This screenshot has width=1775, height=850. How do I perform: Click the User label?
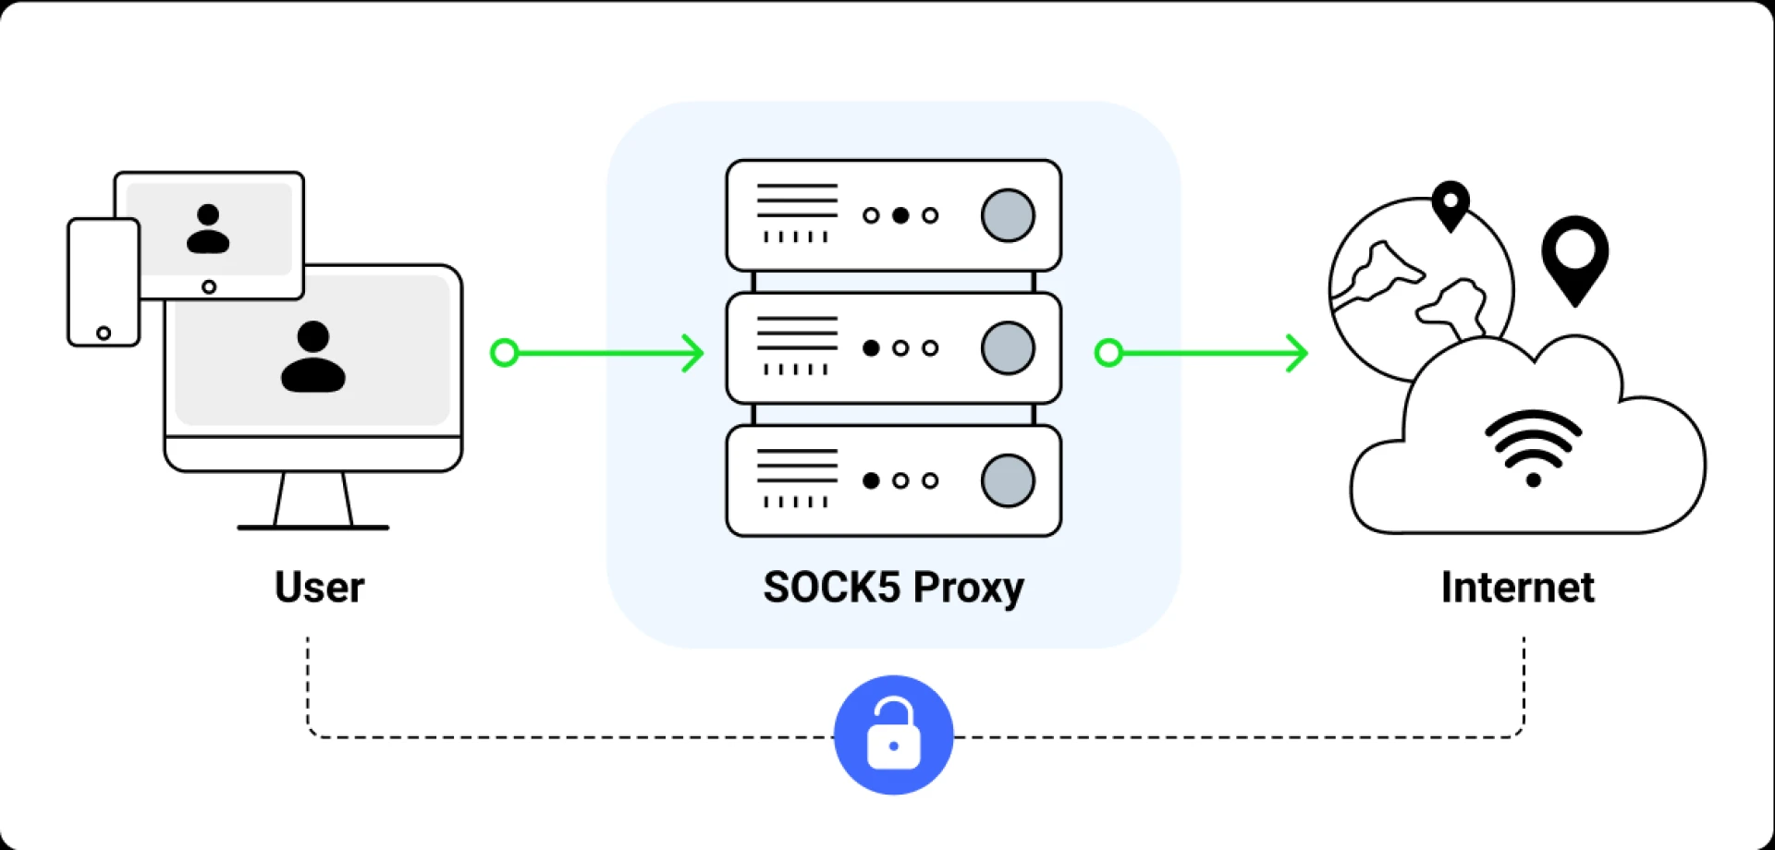pyautogui.click(x=319, y=588)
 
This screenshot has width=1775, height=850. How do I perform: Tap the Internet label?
pyautogui.click(x=1517, y=588)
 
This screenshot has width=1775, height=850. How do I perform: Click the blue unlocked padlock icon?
pyautogui.click(x=893, y=735)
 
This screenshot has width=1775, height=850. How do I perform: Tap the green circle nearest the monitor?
pyautogui.click(x=504, y=353)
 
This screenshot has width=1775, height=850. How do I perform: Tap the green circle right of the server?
pyautogui.click(x=1108, y=353)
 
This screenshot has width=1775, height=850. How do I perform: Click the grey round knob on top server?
pyautogui.click(x=1008, y=215)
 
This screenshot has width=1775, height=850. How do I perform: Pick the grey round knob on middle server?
pyautogui.click(x=1008, y=348)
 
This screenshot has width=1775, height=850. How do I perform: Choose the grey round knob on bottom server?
pyautogui.click(x=1008, y=480)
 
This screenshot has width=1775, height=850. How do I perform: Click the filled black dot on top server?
pyautogui.click(x=900, y=215)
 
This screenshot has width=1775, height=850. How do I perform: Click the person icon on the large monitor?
pyautogui.click(x=313, y=357)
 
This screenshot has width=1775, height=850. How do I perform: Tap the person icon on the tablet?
pyautogui.click(x=208, y=229)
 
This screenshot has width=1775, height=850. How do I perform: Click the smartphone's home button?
pyautogui.click(x=104, y=333)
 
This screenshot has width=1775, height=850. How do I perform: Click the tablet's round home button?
pyautogui.click(x=209, y=287)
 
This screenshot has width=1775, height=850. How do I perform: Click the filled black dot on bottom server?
pyautogui.click(x=871, y=480)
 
